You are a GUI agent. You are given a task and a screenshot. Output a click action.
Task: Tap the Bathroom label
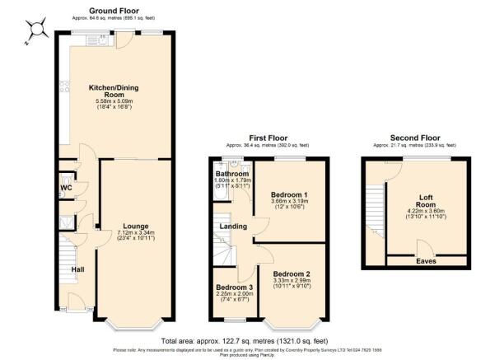point(232,174)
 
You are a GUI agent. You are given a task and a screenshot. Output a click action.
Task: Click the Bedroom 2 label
point(291,274)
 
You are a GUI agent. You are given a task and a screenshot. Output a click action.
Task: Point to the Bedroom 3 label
point(233,288)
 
